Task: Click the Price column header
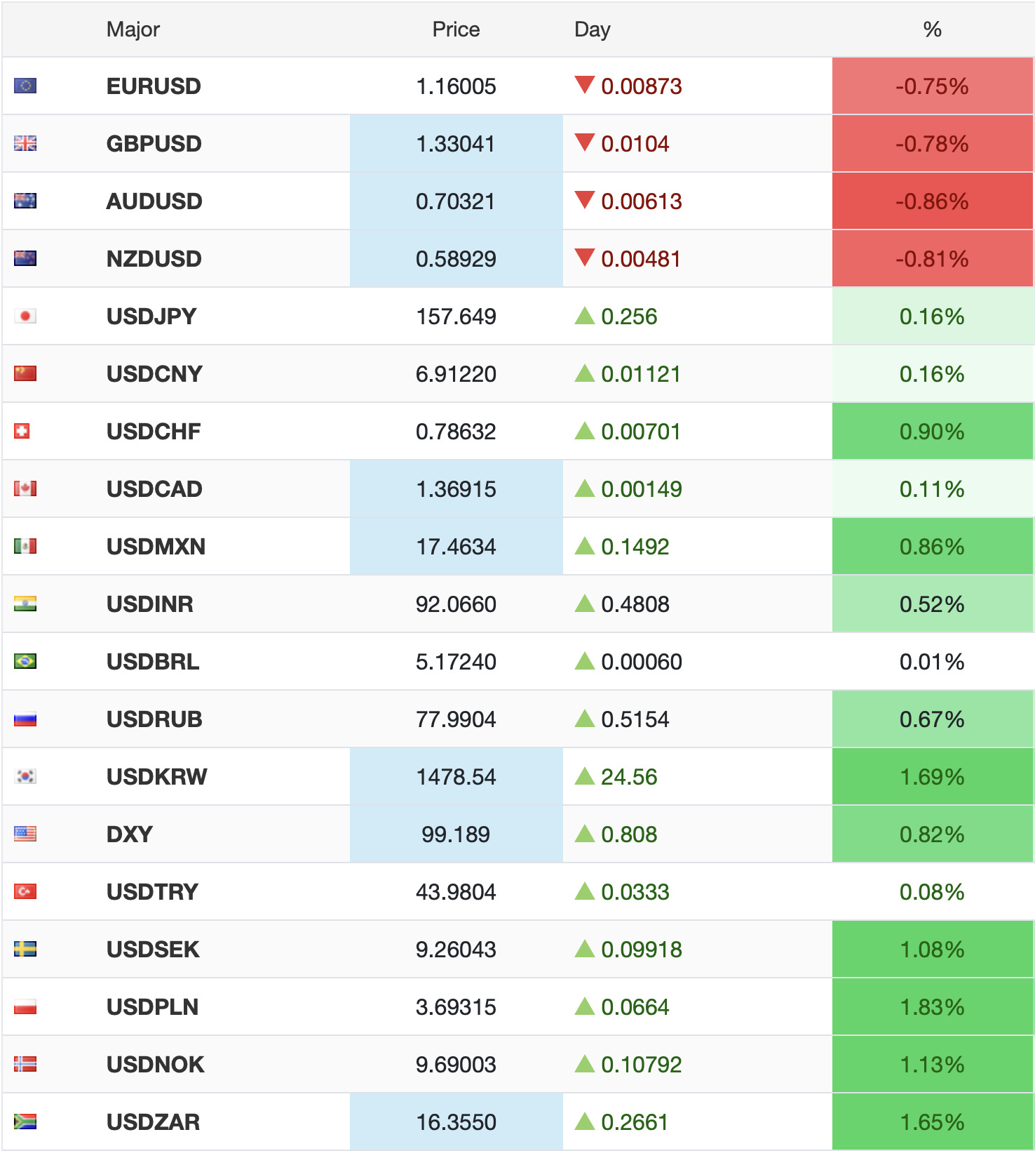coord(456,29)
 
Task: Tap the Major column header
coord(133,29)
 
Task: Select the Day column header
coord(592,29)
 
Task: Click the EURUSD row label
coord(154,86)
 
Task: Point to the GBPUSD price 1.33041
coord(456,144)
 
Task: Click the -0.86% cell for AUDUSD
coord(932,201)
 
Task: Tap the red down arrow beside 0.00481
coord(584,258)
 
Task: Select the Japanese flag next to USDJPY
coord(25,317)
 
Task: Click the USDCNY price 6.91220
coord(456,374)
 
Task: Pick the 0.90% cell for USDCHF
coord(932,432)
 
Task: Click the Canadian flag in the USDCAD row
coord(25,489)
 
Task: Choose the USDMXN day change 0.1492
coord(635,547)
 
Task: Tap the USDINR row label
coord(149,604)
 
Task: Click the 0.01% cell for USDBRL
coord(932,662)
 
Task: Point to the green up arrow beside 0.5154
coord(584,719)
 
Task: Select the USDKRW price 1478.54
coord(456,777)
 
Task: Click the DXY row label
coord(129,834)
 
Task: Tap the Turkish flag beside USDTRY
coord(25,892)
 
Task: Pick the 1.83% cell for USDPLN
coord(932,1007)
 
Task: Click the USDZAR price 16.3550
coord(456,1122)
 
